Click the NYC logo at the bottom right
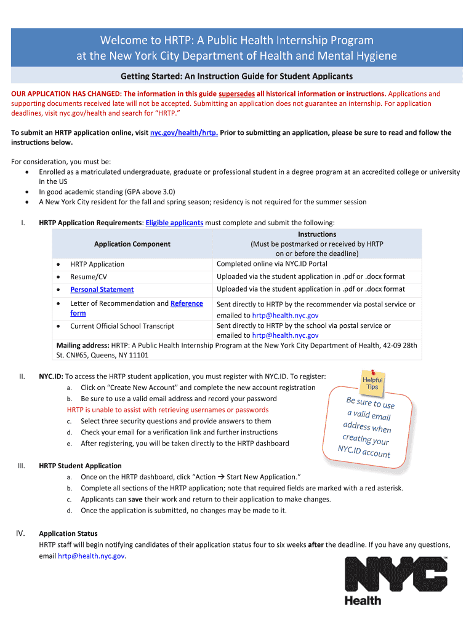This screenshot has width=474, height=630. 396,573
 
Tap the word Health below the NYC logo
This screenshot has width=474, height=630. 363,600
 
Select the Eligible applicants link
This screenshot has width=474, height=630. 174,223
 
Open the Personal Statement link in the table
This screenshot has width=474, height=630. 102,290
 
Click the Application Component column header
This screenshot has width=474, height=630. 132,244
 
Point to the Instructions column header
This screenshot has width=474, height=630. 317,234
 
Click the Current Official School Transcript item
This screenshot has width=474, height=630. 122,326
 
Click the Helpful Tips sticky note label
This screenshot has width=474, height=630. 372,383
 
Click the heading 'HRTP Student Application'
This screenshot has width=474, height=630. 80,466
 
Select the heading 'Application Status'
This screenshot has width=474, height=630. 68,533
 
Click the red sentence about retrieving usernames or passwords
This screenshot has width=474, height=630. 167,410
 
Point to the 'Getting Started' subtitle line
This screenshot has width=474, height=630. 236,76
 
